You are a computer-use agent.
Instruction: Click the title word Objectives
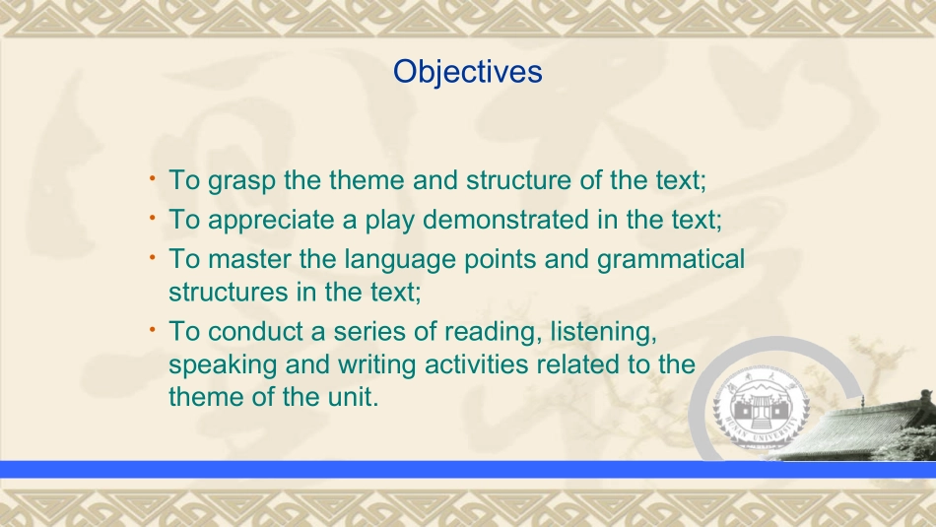[467, 72]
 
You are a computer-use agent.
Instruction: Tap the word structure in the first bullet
[518, 180]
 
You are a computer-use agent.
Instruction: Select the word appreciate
[270, 221]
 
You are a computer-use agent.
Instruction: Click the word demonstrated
[505, 219]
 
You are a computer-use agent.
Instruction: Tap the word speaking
[223, 365]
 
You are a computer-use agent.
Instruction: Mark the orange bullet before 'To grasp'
[153, 178]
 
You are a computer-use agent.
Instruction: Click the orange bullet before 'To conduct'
[153, 329]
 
